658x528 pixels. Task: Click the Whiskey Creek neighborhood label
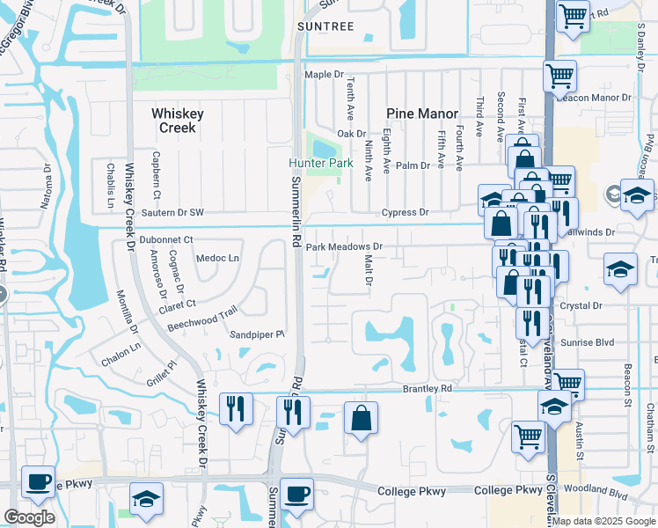click(177, 121)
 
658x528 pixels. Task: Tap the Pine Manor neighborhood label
click(422, 114)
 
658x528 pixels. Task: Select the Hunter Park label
click(321, 164)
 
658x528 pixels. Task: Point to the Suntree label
click(325, 26)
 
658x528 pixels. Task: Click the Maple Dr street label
click(321, 75)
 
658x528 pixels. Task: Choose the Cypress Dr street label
click(405, 213)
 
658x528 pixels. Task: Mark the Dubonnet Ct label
click(165, 239)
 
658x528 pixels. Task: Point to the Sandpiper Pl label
click(258, 335)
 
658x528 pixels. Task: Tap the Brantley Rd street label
click(427, 388)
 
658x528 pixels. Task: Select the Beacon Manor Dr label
click(603, 98)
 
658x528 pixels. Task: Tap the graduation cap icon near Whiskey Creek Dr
click(146, 499)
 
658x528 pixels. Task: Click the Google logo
click(29, 517)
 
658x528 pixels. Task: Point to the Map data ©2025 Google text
click(603, 521)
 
